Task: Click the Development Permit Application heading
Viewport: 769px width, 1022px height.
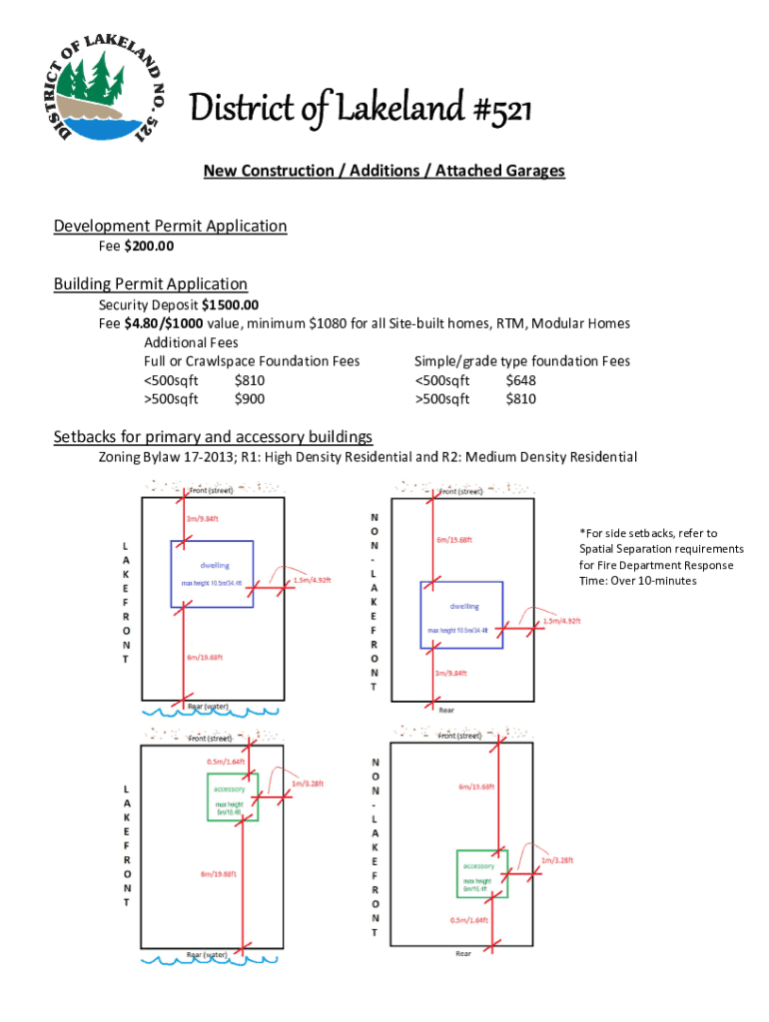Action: pos(170,226)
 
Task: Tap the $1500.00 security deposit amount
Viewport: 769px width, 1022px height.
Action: pos(230,304)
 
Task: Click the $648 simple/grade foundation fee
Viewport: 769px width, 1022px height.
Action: pos(520,380)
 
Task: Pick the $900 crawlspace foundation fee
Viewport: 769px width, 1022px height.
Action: pos(250,399)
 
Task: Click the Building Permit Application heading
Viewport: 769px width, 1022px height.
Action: pos(150,284)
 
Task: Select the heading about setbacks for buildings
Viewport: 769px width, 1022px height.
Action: pos(212,436)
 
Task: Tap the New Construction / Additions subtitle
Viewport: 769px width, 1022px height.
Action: pos(384,171)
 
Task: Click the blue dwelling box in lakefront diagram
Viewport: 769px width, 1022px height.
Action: pos(211,574)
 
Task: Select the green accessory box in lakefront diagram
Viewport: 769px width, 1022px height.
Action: pos(232,796)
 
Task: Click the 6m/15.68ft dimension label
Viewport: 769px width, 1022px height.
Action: pos(454,540)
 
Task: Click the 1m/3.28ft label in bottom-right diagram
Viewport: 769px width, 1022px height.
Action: pos(557,859)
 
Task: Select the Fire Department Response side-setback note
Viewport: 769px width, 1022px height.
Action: pos(660,557)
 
